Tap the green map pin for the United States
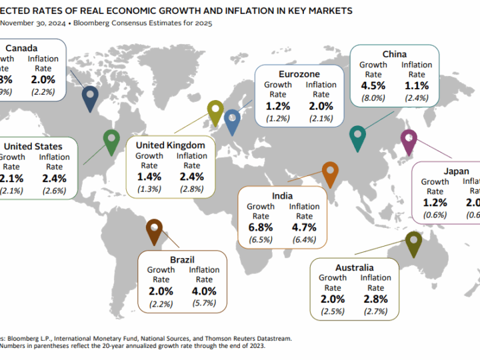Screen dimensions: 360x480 pos(111,141)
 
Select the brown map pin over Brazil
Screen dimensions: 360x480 pos(153,230)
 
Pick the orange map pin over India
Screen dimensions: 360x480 pos(329,173)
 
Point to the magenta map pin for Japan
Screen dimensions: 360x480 pos(408,141)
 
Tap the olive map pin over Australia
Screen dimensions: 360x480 pos(413,243)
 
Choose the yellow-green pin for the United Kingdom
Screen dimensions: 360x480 pos(215,111)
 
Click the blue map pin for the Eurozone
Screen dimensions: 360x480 pos(232,121)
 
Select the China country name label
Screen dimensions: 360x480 pos(395,54)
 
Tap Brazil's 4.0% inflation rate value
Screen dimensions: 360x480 pos(205,291)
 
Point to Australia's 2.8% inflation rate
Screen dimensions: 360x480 pos(376,299)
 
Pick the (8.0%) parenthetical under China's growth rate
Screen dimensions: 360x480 pos(373,98)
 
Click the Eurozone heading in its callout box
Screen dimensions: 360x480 pos(299,73)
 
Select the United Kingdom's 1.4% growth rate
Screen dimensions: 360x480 pos(149,177)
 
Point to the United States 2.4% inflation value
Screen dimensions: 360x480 pos(55,178)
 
